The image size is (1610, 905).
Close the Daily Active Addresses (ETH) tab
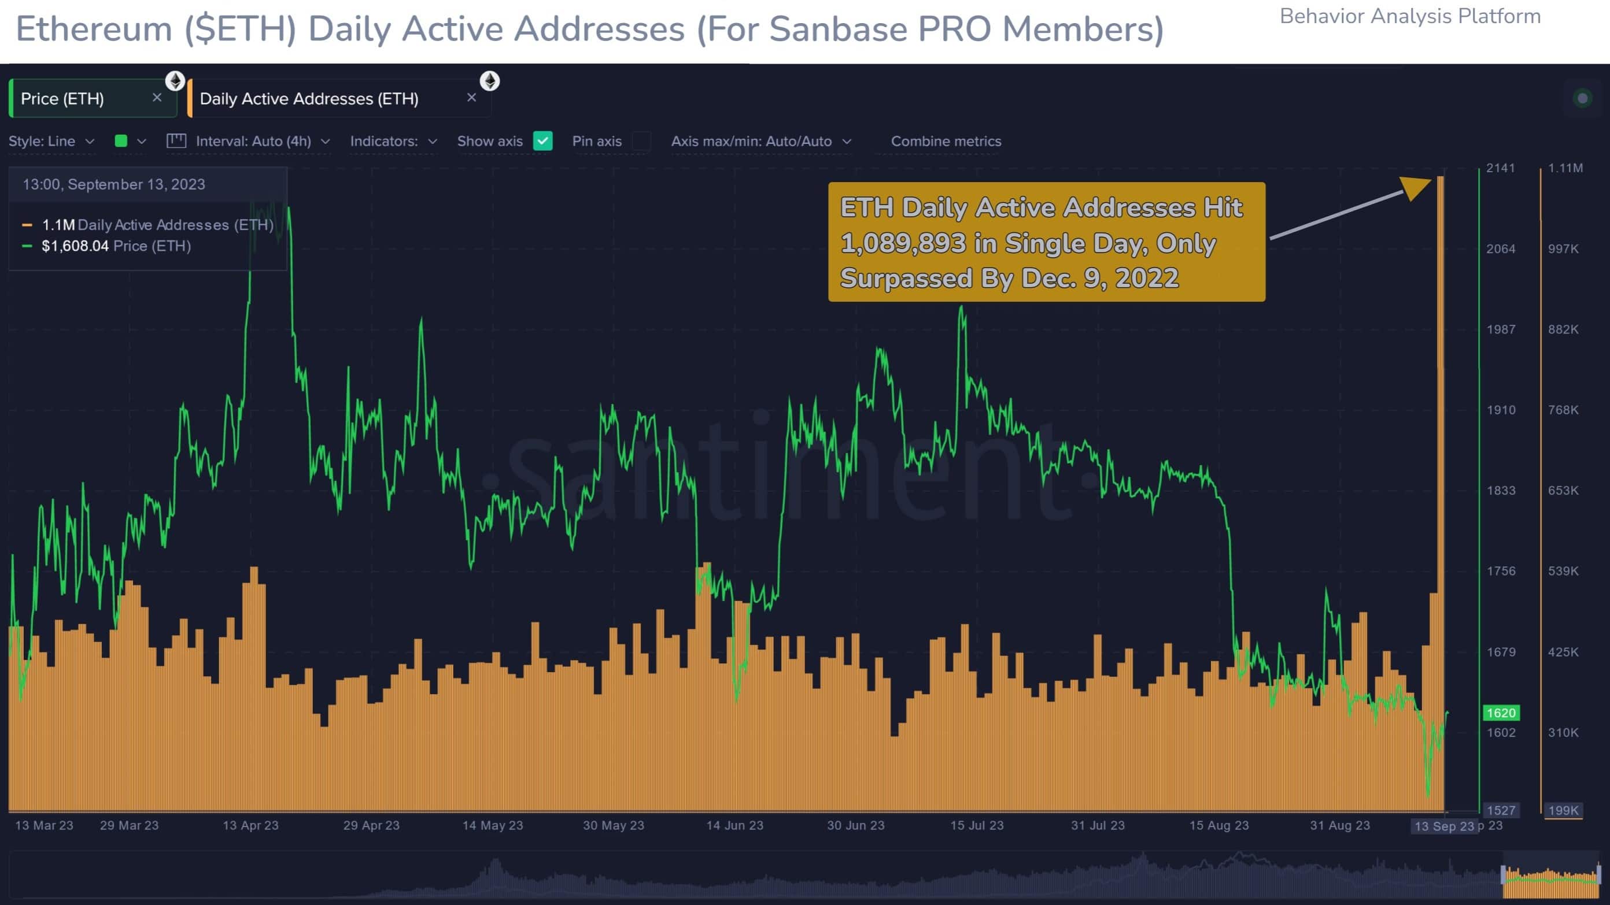click(472, 98)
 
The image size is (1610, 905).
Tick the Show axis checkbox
click(542, 141)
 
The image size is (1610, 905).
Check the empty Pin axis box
click(641, 141)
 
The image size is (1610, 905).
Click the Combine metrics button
click(946, 141)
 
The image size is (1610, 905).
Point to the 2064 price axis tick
click(1500, 248)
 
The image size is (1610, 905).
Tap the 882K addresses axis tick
click(1563, 329)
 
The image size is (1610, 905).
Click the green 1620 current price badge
click(1501, 713)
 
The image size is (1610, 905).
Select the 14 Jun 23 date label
click(734, 825)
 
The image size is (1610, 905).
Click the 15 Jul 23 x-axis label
click(976, 825)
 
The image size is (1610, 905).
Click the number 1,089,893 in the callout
click(903, 243)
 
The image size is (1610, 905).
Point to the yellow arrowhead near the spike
click(1416, 187)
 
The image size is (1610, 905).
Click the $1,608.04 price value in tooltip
click(75, 246)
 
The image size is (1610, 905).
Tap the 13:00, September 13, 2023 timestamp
click(114, 184)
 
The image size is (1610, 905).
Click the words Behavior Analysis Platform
click(1410, 16)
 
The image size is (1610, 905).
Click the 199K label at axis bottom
click(1563, 810)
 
